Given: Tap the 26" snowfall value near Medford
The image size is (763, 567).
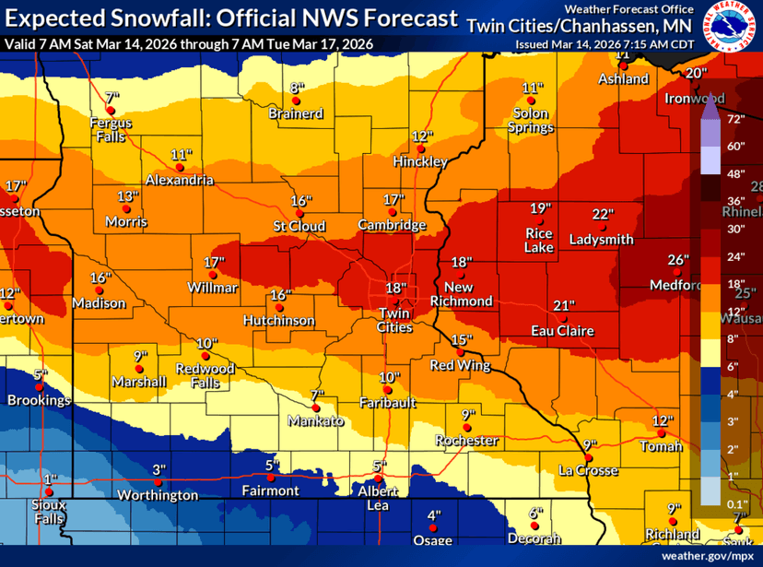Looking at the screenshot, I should tap(678, 260).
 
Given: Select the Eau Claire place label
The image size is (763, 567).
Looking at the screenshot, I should tap(562, 330).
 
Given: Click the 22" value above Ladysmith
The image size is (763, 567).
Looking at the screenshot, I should tap(603, 214).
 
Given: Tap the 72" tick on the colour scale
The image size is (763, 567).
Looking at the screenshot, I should tap(736, 119).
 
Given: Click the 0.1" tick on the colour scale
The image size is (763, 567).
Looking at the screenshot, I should tap(736, 503).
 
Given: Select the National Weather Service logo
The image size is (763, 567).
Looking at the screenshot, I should tap(733, 25).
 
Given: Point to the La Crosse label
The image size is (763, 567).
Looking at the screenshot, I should tap(586, 470).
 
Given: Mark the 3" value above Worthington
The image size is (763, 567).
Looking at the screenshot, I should tap(158, 469).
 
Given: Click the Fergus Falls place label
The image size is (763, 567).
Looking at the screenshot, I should tap(111, 129).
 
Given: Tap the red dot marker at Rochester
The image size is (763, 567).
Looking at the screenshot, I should tap(468, 427).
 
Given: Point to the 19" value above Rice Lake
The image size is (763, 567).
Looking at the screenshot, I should tap(540, 207).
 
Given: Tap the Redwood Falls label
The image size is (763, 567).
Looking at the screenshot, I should tap(206, 374).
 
